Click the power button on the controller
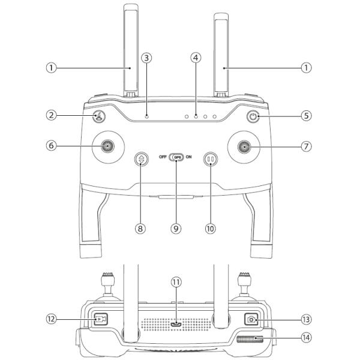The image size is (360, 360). [253, 116]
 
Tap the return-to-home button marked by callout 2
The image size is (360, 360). [99, 116]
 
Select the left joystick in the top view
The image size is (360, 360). [107, 146]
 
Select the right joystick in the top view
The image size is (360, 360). [244, 147]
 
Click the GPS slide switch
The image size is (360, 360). [176, 157]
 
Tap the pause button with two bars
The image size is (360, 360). [211, 159]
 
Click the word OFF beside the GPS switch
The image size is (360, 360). [163, 157]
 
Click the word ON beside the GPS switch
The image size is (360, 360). [189, 157]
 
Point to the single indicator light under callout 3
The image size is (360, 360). [147, 116]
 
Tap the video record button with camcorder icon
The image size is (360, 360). [101, 319]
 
